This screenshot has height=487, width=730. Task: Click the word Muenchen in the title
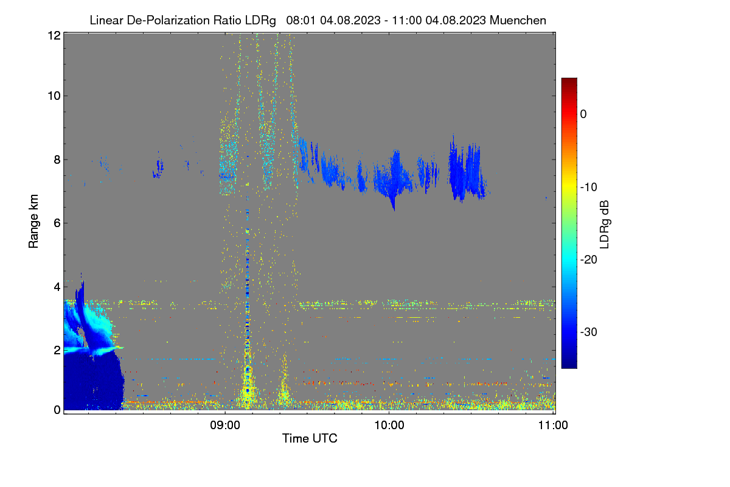pyautogui.click(x=518, y=21)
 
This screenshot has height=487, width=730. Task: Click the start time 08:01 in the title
pyautogui.click(x=301, y=21)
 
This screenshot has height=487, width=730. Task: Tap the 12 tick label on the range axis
pyautogui.click(x=54, y=35)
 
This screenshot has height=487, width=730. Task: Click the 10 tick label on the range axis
pyautogui.click(x=54, y=96)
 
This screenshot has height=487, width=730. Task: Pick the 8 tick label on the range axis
pyautogui.click(x=57, y=159)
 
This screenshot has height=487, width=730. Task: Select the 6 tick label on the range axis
pyautogui.click(x=57, y=223)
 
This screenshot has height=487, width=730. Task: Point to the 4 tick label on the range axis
pyautogui.click(x=57, y=287)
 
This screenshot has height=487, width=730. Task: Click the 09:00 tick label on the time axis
pyautogui.click(x=225, y=426)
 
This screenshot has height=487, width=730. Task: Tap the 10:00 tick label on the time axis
pyautogui.click(x=389, y=426)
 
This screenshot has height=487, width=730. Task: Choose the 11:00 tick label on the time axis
pyautogui.click(x=553, y=426)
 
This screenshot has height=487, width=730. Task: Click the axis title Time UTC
pyautogui.click(x=310, y=438)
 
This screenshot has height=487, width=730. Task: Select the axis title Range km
pyautogui.click(x=33, y=222)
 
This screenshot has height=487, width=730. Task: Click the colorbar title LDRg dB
pyautogui.click(x=604, y=225)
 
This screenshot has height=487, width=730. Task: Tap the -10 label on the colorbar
pyautogui.click(x=589, y=187)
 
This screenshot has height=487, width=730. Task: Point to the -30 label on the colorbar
pyautogui.click(x=589, y=332)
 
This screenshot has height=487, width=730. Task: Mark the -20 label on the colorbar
pyautogui.click(x=589, y=260)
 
